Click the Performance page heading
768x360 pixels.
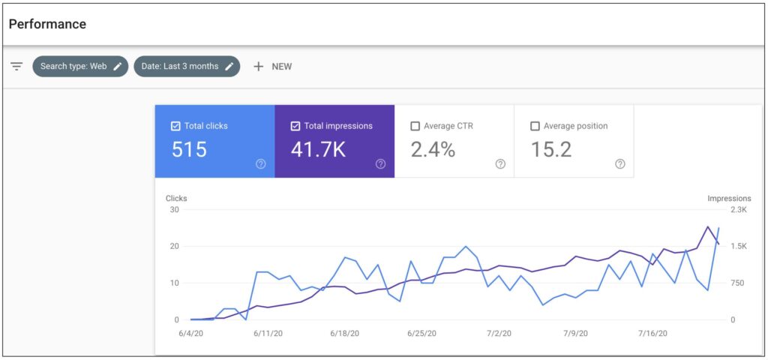tap(47, 24)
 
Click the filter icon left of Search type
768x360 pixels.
tap(16, 66)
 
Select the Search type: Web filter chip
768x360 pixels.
tap(80, 66)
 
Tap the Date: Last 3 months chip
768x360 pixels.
tap(187, 66)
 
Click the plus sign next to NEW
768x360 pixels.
tap(259, 66)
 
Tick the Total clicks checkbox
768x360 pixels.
tap(175, 126)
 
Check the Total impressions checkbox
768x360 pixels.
tap(295, 126)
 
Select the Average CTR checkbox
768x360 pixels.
tap(415, 126)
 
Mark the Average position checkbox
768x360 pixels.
tap(535, 126)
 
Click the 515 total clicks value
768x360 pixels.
tap(189, 149)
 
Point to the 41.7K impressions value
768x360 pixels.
tap(318, 149)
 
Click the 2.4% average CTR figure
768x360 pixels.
tap(433, 149)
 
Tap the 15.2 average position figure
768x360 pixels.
tap(551, 149)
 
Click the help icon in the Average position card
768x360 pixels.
tap(620, 164)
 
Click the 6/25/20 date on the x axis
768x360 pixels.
tap(422, 332)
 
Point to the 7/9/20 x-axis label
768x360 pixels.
tap(576, 332)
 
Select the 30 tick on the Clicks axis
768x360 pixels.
tap(174, 209)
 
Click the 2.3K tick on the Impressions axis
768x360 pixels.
tap(738, 209)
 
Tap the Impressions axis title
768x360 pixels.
tap(729, 198)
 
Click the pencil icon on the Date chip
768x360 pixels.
tap(229, 66)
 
